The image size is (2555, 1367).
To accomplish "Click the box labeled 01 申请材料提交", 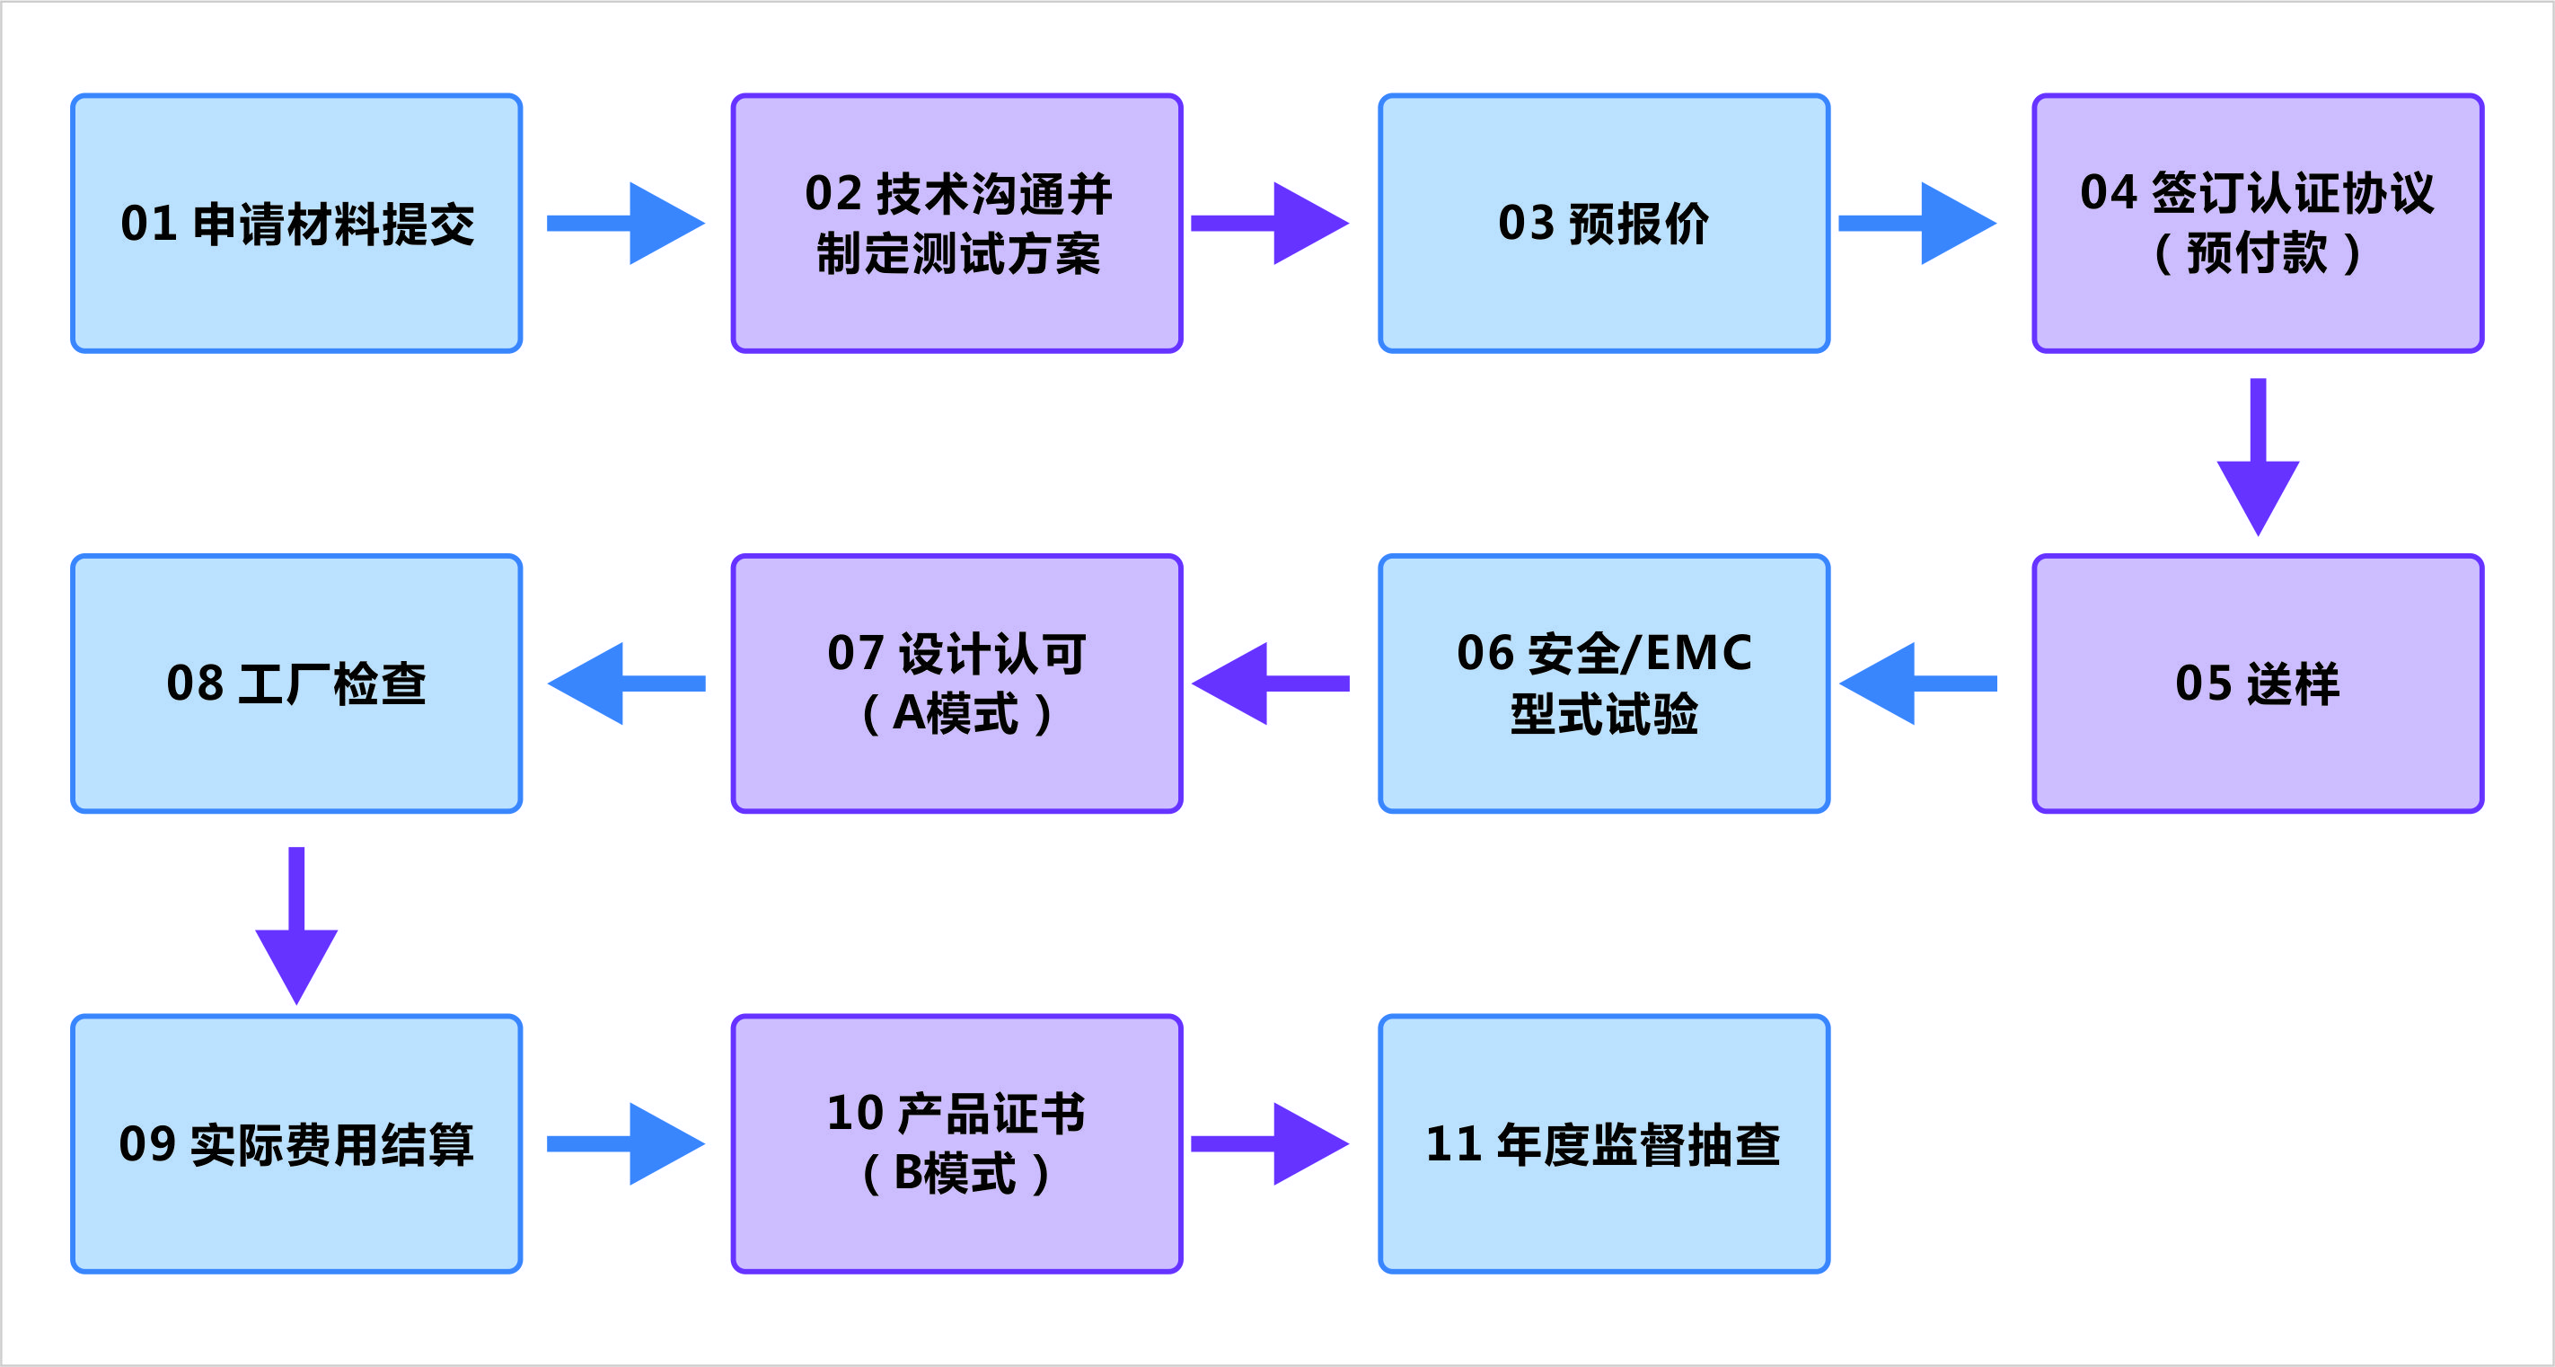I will point(296,224).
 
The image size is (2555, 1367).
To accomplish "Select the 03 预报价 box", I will point(1603,224).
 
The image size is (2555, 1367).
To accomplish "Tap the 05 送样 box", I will point(2258,683).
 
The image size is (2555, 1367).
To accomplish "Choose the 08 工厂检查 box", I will point(296,683).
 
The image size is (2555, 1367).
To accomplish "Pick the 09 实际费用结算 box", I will point(296,1143).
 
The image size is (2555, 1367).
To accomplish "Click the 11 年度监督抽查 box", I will point(1603,1143).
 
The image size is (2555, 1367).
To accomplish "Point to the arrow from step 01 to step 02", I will point(626,224).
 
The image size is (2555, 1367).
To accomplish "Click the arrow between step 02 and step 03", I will point(1270,224).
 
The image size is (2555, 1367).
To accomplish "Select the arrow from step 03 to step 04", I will point(1917,224).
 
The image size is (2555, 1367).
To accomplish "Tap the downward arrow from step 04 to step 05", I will point(2258,456).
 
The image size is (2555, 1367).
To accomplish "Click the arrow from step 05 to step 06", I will point(1917,683).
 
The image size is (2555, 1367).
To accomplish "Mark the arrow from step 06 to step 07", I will point(1270,683).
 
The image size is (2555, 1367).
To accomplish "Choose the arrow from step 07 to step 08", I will point(626,683).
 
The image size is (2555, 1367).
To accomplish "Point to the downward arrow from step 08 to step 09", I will point(296,924).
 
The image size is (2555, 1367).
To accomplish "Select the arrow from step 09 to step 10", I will point(626,1143).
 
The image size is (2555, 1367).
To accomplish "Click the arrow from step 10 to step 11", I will point(1270,1143).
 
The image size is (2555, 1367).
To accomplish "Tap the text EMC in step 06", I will point(1698,654).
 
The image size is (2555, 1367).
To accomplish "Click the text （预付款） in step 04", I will point(2258,254).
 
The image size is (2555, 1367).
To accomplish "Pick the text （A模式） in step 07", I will point(957,714).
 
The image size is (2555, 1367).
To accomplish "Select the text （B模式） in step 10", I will point(957,1175).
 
